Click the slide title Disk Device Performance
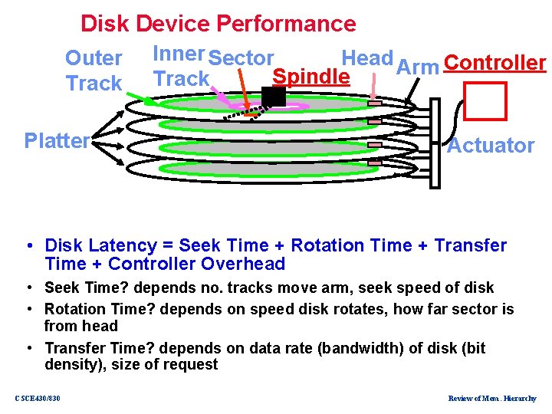pos(218,24)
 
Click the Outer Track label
pos(94,71)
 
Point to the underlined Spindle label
pos(311,77)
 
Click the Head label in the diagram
pos(366,58)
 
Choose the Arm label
pos(417,67)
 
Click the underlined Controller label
pos(495,63)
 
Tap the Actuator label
pos(491,146)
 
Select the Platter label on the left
pos(57,141)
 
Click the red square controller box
pos(486,100)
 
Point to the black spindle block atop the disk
pos(273,96)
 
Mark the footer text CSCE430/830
pos(38,398)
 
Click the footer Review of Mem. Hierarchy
pos(491,398)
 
